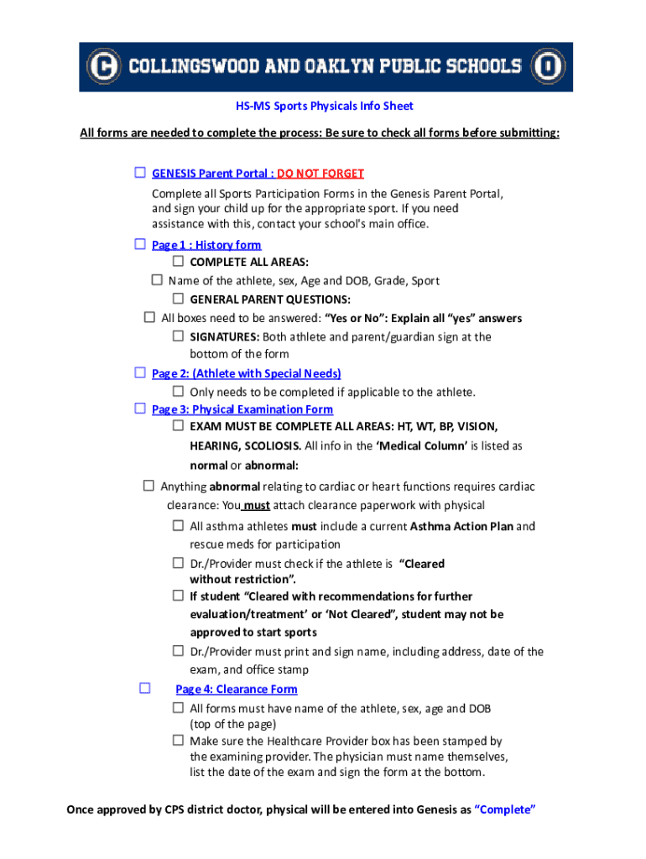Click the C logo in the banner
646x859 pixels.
[x=103, y=66]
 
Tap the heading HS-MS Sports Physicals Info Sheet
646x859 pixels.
[x=324, y=107]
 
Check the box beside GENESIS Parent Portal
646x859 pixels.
[x=140, y=173]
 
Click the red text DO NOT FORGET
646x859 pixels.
[x=320, y=174]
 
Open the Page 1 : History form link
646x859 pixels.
[x=206, y=245]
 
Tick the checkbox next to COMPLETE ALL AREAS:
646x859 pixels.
[x=178, y=262]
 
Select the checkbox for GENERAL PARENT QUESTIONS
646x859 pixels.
[x=178, y=299]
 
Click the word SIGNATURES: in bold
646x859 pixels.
[x=225, y=337]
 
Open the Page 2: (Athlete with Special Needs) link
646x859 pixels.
[x=246, y=373]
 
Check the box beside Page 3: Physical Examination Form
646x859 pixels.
[x=140, y=409]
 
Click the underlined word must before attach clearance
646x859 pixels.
[x=256, y=506]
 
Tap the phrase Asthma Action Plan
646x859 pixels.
[x=461, y=527]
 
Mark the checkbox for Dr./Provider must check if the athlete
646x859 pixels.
[x=178, y=563]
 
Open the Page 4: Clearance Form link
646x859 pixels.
[x=237, y=690]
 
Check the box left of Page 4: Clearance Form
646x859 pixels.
[x=144, y=689]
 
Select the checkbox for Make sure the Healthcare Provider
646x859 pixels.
[x=178, y=741]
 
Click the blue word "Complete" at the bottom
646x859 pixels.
[x=505, y=810]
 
